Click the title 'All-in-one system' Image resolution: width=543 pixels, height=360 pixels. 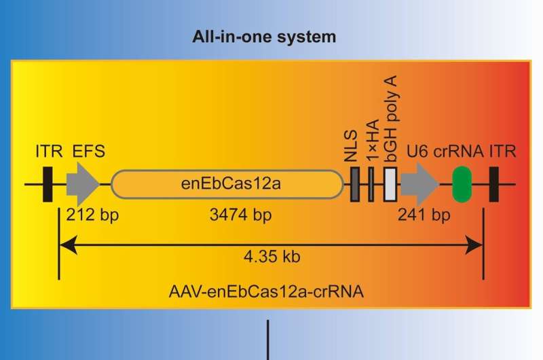[263, 37]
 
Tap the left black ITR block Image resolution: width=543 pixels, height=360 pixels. [47, 184]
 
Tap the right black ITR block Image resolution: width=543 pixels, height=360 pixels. [493, 184]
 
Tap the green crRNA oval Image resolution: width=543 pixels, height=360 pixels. [462, 184]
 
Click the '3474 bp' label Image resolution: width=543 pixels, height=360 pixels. [227, 216]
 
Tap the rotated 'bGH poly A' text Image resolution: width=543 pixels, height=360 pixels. [390, 117]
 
